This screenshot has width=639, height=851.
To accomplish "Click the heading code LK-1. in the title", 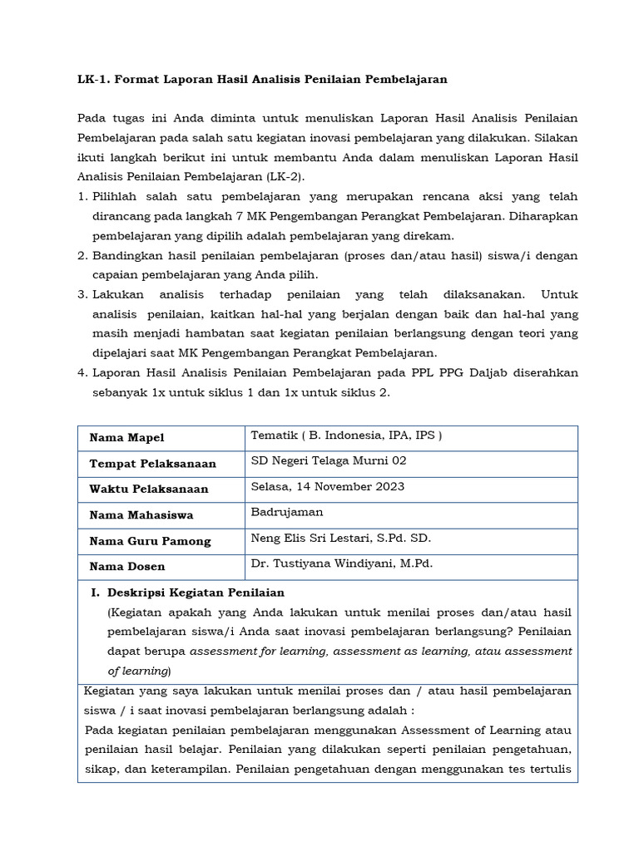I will (92, 80).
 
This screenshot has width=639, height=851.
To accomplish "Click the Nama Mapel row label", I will (127, 438).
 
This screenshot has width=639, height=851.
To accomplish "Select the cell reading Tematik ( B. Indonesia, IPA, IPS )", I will (346, 435).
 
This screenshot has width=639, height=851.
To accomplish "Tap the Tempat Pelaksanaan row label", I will (153, 464).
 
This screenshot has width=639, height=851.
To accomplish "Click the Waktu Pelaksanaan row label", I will (149, 489).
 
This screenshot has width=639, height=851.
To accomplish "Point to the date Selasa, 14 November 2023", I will (328, 486).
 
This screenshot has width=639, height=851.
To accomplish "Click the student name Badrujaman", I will (287, 512).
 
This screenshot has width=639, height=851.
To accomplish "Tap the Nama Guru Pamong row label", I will (151, 541).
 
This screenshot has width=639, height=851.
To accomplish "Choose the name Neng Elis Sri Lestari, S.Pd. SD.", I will (341, 538).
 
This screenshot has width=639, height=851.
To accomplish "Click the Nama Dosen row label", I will (127, 567).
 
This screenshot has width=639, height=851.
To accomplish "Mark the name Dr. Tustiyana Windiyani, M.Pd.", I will (342, 563).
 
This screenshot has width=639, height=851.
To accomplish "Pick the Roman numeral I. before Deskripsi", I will (94, 593).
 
